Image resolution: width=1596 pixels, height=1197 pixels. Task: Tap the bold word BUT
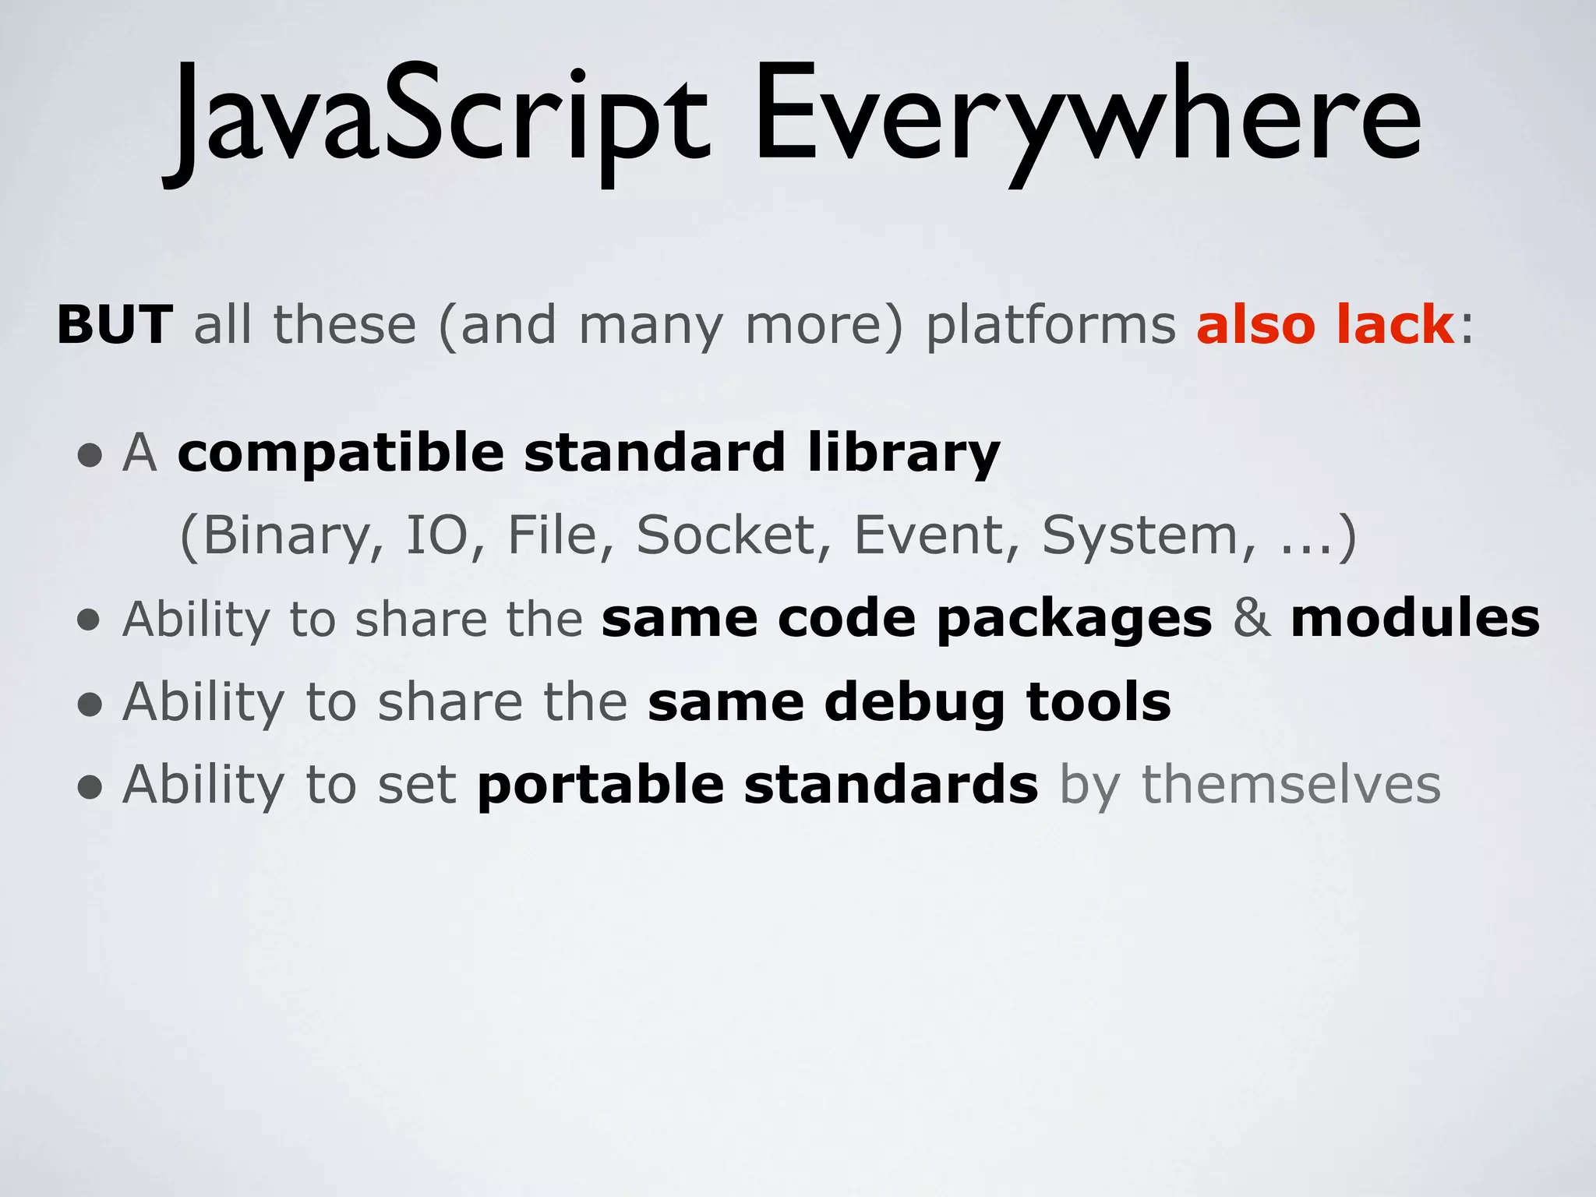[115, 324]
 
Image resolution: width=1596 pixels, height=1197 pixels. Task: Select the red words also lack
[1325, 324]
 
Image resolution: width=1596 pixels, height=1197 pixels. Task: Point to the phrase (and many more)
[670, 326]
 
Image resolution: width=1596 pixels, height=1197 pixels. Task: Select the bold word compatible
[341, 454]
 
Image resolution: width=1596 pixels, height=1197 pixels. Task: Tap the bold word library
[904, 454]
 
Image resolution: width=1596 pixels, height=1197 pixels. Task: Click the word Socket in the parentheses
[725, 536]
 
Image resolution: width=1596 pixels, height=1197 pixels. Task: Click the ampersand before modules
[1252, 619]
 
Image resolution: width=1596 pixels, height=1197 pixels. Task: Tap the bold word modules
[1415, 619]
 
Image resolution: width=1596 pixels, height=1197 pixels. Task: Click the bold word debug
[914, 703]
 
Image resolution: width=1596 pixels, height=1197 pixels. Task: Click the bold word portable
[601, 786]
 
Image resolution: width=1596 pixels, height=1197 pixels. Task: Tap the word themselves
[1291, 785]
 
